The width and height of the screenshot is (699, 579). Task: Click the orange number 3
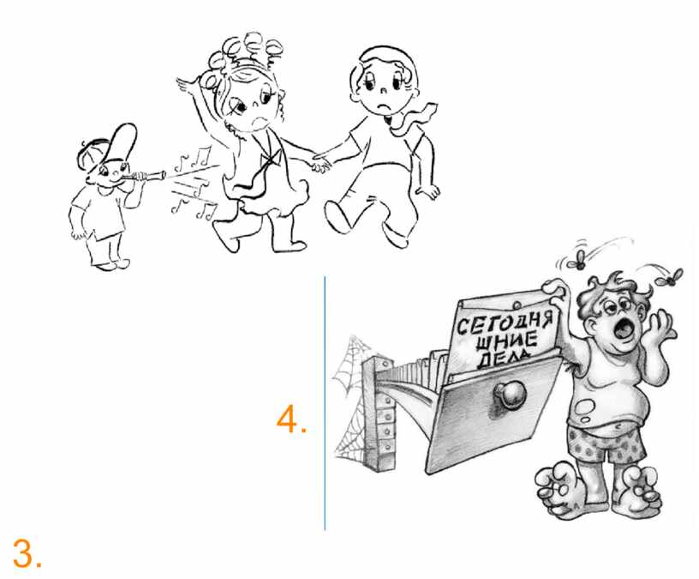[x=27, y=552]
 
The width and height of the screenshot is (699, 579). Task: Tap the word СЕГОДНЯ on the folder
[x=505, y=323]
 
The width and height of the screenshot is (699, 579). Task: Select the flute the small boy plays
[x=144, y=176]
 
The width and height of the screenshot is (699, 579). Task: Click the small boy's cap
[x=110, y=145]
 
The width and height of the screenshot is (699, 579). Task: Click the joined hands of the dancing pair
[x=321, y=163]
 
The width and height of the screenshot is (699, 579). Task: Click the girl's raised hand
[x=188, y=83]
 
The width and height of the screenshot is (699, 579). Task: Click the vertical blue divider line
[x=325, y=403]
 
